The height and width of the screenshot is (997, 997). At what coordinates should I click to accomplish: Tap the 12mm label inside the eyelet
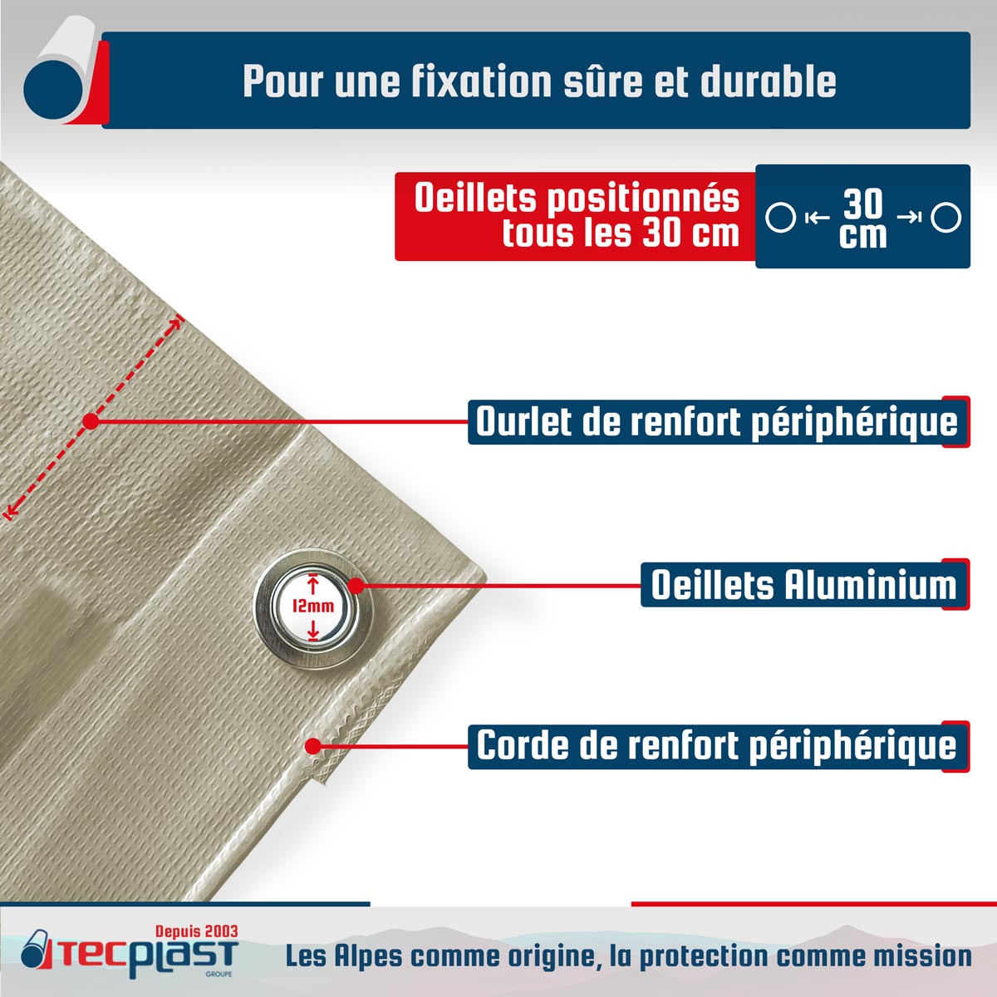pos(313,606)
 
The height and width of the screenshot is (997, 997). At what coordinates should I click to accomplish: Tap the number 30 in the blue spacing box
pos(863,204)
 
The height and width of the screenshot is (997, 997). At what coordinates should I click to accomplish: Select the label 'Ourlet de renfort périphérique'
pos(716,422)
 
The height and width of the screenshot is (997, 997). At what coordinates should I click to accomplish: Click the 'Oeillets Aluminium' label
pos(804,585)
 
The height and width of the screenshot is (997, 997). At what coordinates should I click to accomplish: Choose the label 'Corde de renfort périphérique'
pos(716,745)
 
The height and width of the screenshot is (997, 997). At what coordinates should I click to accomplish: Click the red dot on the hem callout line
pos(91,421)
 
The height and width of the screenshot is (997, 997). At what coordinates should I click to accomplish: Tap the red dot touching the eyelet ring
pos(356,586)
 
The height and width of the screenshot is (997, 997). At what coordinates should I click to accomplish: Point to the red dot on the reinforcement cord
pos(312,746)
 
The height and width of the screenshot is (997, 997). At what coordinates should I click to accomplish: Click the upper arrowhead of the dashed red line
pos(178,322)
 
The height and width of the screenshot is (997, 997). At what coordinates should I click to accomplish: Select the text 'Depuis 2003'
pos(197,931)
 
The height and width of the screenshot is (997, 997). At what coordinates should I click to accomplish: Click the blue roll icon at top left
pos(52,89)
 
